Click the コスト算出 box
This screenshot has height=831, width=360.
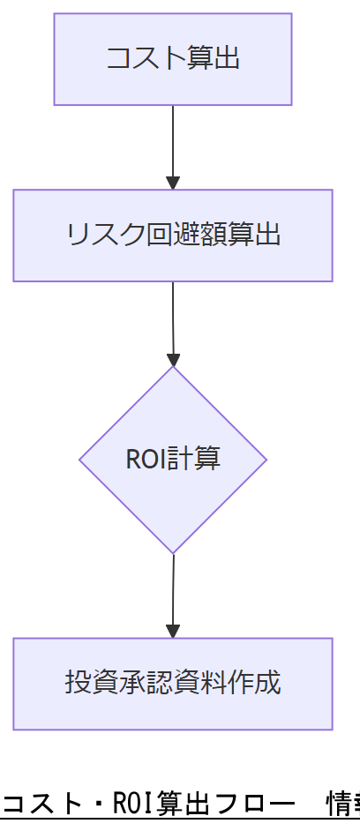[x=173, y=59]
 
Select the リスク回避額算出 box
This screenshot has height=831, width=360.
[x=173, y=236]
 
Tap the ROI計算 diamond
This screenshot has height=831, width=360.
[x=173, y=460]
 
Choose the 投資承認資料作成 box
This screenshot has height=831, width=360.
[x=173, y=684]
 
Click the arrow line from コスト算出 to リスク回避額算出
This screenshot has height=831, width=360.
[x=173, y=141]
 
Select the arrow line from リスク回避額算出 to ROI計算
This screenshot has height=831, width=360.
[x=173, y=318]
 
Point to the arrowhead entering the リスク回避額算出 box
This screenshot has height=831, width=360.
[x=173, y=183]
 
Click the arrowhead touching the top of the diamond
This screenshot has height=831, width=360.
[x=173, y=360]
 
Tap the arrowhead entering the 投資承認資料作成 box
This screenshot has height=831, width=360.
[x=173, y=632]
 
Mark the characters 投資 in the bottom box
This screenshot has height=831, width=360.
[x=86, y=684]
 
